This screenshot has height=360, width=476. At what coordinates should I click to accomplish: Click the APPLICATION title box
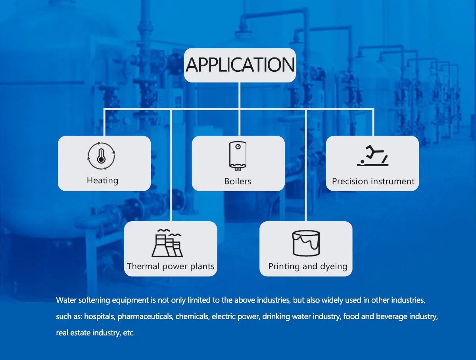[x=240, y=65]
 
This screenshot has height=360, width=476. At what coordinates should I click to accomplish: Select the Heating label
[x=102, y=180]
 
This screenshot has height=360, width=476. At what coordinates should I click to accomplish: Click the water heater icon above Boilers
[x=238, y=155]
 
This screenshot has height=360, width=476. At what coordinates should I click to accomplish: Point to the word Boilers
[x=238, y=181]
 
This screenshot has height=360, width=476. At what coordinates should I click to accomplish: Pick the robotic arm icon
[x=372, y=155]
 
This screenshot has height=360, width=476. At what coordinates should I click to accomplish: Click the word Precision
[x=350, y=181]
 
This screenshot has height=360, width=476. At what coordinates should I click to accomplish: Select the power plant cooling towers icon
[x=167, y=243]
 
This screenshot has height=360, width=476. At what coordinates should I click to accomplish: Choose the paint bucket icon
[x=305, y=243]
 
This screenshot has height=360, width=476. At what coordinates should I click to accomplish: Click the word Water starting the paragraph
[x=66, y=300]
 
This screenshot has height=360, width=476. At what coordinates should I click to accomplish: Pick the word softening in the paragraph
[x=92, y=300]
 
